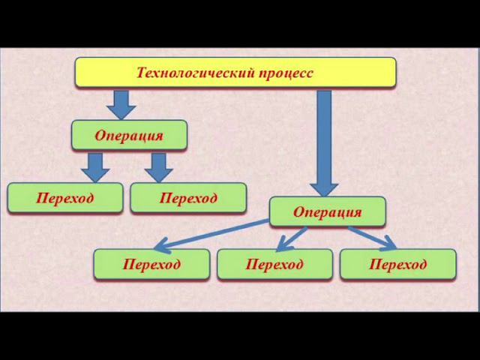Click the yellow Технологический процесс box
pyautogui.click(x=235, y=73)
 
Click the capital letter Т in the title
pyautogui.click(x=141, y=73)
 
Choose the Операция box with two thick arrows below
pyautogui.click(x=129, y=135)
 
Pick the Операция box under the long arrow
pyautogui.click(x=327, y=211)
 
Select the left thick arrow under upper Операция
pyautogui.click(x=95, y=166)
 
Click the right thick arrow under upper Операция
pyautogui.click(x=158, y=166)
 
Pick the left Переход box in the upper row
pyautogui.click(x=64, y=198)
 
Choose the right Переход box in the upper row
pyautogui.click(x=188, y=198)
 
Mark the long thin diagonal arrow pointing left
pyautogui.click(x=214, y=233)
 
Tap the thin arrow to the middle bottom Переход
pyautogui.click(x=291, y=238)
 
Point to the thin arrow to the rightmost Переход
pyautogui.click(x=372, y=237)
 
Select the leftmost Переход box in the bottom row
pyautogui.click(x=151, y=264)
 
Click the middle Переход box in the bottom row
pyautogui.click(x=274, y=264)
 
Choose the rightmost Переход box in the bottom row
pyautogui.click(x=397, y=264)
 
